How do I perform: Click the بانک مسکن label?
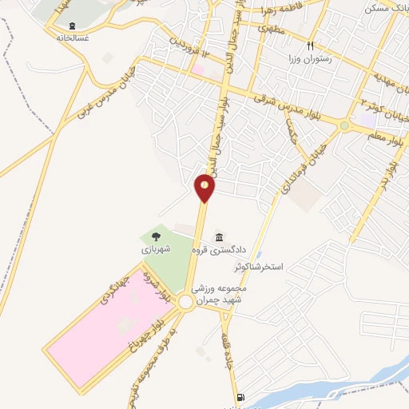[x=387, y=7]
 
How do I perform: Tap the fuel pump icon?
[x=239, y=397]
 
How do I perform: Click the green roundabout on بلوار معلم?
[x=345, y=125]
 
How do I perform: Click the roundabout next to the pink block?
[x=185, y=302]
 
